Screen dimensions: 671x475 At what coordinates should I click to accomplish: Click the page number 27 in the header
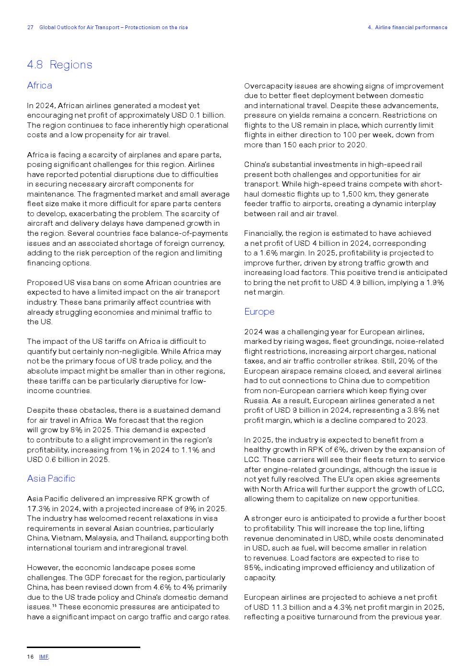[x=30, y=28]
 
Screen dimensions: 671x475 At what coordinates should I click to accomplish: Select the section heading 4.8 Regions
[x=59, y=65]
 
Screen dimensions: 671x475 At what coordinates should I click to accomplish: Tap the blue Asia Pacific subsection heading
[x=51, y=478]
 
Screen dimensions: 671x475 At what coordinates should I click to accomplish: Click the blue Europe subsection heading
[x=259, y=311]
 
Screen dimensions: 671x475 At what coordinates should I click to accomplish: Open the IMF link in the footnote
[x=44, y=657]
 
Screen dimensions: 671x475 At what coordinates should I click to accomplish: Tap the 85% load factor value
[x=252, y=568]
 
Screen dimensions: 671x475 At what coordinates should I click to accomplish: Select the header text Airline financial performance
[x=411, y=28]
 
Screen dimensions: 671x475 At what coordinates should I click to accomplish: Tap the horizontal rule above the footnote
[x=83, y=647]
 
